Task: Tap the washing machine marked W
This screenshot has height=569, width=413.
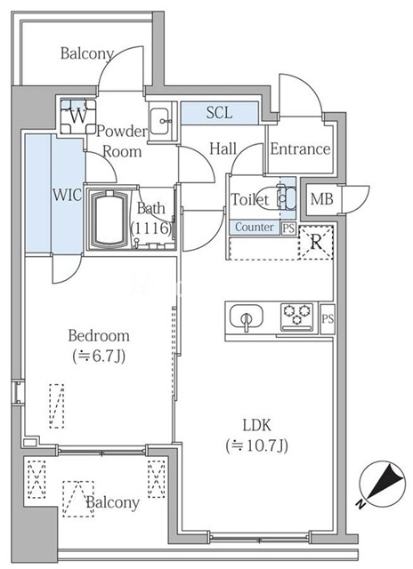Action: click(77, 115)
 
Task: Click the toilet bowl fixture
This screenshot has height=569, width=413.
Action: click(285, 199)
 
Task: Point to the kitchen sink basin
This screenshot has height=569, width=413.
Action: click(246, 317)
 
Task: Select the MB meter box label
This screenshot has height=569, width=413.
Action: click(321, 199)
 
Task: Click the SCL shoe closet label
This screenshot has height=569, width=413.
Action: click(220, 113)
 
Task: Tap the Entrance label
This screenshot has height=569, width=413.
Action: click(300, 148)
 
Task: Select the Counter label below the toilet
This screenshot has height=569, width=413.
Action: click(254, 227)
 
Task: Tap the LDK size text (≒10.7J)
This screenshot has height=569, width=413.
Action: click(259, 445)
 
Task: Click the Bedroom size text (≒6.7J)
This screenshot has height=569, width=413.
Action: click(99, 357)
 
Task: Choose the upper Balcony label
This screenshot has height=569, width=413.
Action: click(86, 53)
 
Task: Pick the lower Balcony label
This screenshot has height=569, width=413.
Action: click(112, 502)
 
